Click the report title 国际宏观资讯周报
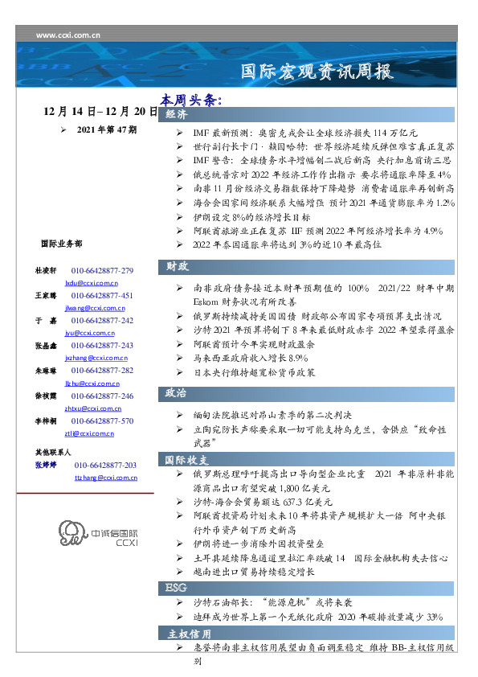[x=317, y=72]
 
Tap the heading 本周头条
[x=190, y=101]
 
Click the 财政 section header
[x=178, y=265]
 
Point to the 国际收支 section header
[x=187, y=460]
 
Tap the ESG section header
[x=176, y=588]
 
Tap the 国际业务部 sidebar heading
[x=60, y=243]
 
